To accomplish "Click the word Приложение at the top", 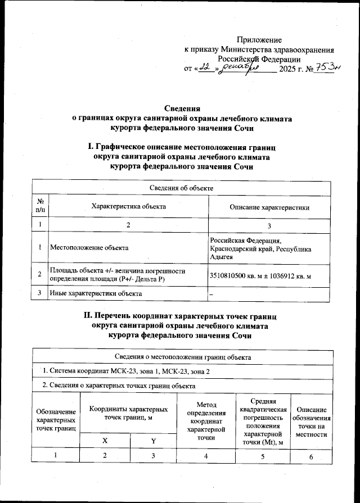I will pos(259,40).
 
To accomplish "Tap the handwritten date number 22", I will pos(204,68).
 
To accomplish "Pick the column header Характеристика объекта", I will pos(128,207).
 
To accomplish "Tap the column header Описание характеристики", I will pos(269,207).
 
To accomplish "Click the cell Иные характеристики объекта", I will pos(96,293).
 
